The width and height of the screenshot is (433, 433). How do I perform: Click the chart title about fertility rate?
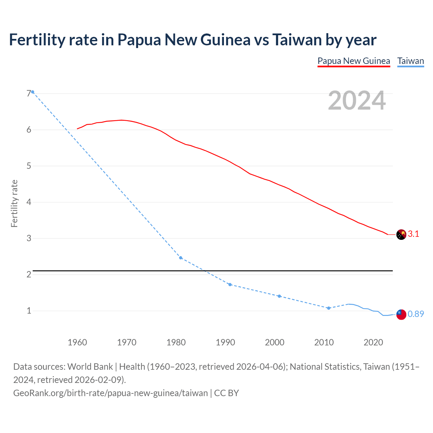coord(192,40)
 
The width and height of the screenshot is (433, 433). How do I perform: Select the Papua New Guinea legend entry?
coord(354,61)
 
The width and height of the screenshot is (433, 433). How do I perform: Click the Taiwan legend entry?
coord(410,61)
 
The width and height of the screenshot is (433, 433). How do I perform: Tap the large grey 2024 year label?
coord(357,100)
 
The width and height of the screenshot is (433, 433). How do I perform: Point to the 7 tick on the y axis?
coord(29,94)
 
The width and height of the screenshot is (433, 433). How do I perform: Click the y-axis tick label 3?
coord(29,238)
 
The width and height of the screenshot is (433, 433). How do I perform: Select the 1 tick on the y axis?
coord(29,311)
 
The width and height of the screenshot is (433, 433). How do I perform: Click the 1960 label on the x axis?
coord(77,342)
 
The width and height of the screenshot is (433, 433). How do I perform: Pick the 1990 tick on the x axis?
coord(225,342)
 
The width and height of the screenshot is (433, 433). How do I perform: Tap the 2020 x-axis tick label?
coord(373,342)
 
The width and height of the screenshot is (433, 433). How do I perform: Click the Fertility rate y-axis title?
coord(14,203)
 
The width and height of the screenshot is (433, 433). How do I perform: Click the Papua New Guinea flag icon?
coord(401,234)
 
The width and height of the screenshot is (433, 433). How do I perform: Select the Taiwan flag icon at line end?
coord(401,314)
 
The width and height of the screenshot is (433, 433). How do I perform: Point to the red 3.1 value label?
coord(413,234)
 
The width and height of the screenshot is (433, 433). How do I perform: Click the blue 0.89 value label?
coord(416,314)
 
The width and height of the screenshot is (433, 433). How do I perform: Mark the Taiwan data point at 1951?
coord(33,92)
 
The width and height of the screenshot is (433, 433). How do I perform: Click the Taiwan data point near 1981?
coord(181,258)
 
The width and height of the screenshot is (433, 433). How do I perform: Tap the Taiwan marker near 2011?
coord(328,308)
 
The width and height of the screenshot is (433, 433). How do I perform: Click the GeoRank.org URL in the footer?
coord(111,393)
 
